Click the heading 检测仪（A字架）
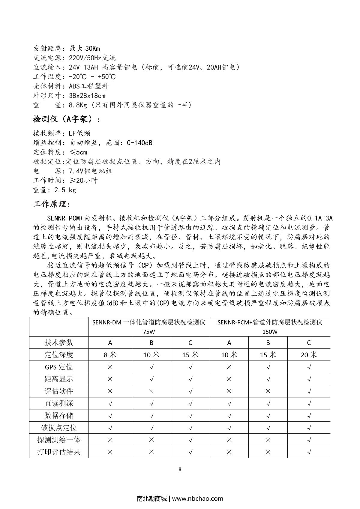tap(66, 119)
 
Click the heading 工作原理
tap(52, 204)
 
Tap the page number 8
tap(180, 469)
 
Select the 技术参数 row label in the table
tap(59, 343)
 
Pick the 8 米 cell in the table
tap(110, 355)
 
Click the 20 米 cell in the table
tap(309, 355)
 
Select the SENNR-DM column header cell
tap(149, 327)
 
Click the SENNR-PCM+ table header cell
tap(270, 327)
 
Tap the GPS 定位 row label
tap(59, 367)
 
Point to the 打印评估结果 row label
tap(59, 452)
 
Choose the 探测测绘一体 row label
tap(59, 440)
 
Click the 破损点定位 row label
tap(59, 427)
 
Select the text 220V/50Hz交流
tap(92, 58)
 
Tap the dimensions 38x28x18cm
tap(87, 96)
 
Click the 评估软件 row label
tap(59, 391)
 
